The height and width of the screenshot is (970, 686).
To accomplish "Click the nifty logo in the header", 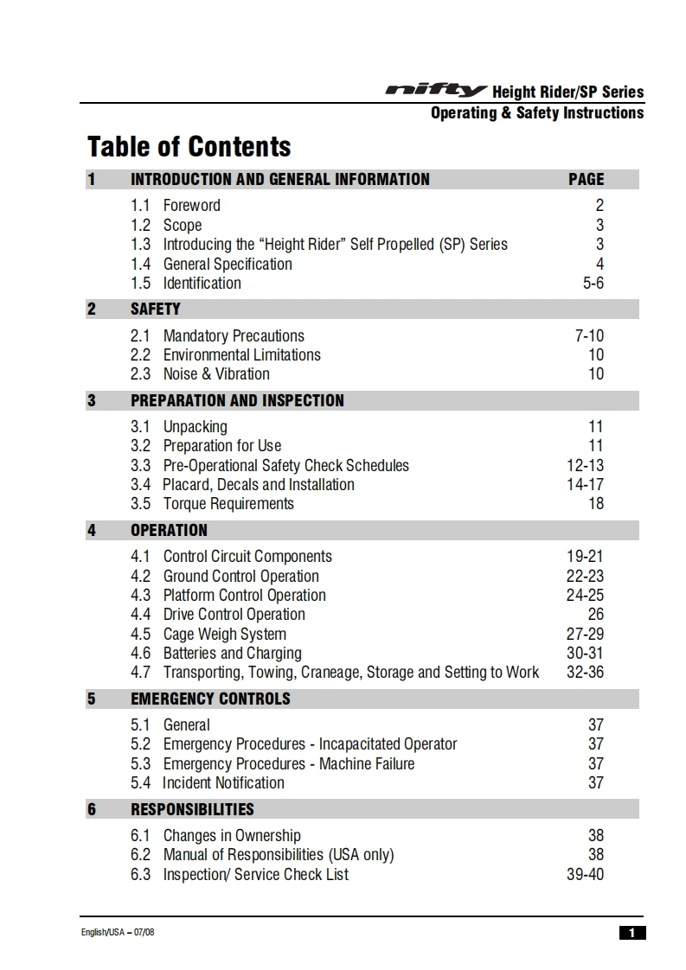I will click(436, 91).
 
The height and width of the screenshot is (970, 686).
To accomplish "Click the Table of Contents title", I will click(189, 147).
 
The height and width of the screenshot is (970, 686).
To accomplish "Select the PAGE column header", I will click(586, 179).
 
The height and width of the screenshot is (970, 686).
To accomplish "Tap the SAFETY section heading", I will click(156, 309).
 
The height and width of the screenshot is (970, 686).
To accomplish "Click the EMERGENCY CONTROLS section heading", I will click(210, 699).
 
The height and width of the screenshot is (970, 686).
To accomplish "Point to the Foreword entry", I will click(191, 206).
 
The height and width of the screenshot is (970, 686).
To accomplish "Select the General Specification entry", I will click(228, 264).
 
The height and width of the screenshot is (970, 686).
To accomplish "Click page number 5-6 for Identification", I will click(593, 283).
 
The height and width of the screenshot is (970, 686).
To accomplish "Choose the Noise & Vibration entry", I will click(216, 373).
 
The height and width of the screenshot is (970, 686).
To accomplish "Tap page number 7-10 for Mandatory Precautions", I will click(589, 335).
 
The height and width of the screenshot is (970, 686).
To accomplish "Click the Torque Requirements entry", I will click(228, 503).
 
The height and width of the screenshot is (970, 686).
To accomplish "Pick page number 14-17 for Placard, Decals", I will click(585, 484).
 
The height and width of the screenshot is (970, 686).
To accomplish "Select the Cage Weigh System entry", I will click(225, 634).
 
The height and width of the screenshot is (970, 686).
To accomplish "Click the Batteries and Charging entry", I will click(232, 653).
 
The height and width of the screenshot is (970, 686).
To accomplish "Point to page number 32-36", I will click(585, 672).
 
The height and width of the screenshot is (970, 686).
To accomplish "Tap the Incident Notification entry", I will click(223, 782).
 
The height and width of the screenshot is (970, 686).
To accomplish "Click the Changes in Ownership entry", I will click(232, 835).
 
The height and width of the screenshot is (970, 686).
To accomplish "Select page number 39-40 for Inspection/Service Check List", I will click(585, 874).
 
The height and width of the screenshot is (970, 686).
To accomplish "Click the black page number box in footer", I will click(632, 932).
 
